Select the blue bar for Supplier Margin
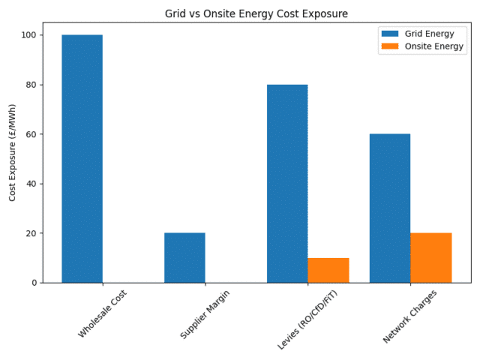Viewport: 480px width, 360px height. click(x=184, y=258)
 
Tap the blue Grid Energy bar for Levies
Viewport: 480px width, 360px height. click(x=287, y=184)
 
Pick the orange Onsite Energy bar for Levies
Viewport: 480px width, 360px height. click(x=328, y=270)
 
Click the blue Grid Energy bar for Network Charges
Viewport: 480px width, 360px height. click(x=390, y=208)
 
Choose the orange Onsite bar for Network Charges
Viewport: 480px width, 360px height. click(x=431, y=258)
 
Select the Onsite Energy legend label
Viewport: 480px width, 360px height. click(x=434, y=46)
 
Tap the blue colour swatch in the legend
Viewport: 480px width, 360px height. click(x=391, y=34)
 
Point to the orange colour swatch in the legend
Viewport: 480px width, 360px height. click(x=391, y=46)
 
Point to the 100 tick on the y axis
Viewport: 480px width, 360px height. click(x=30, y=35)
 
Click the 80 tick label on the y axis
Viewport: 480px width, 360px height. click(x=32, y=85)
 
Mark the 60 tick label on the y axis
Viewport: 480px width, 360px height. click(x=32, y=134)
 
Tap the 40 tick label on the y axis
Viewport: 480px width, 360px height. click(x=32, y=184)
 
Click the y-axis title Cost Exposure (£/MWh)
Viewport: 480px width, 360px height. click(x=13, y=152)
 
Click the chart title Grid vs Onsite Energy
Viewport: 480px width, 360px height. click(x=256, y=13)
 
